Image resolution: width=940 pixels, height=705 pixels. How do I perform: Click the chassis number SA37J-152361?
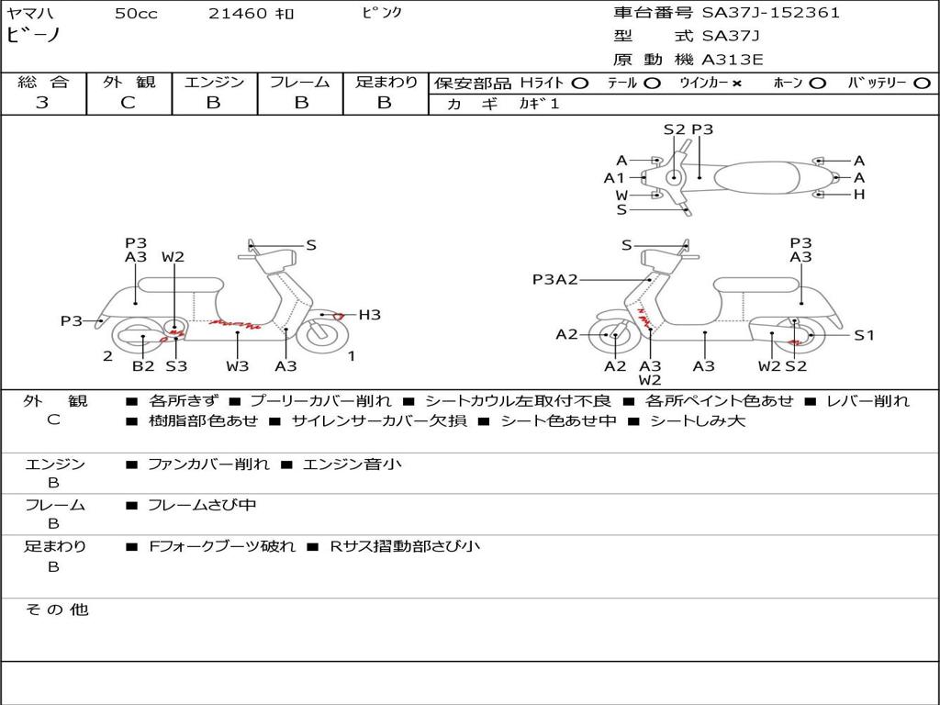pyautogui.click(x=771, y=13)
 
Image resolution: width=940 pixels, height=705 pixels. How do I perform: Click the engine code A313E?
pyautogui.click(x=733, y=60)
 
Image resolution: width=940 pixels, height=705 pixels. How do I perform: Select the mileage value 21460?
pyautogui.click(x=238, y=14)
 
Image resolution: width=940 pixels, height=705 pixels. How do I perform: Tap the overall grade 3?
pyautogui.click(x=42, y=103)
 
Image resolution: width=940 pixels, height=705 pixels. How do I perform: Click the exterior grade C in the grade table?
pyautogui.click(x=129, y=103)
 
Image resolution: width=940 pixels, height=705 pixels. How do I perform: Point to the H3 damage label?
pyautogui.click(x=369, y=315)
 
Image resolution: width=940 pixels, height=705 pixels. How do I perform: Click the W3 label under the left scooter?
pyautogui.click(x=238, y=365)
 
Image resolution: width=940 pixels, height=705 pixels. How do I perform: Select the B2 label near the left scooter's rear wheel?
pyautogui.click(x=143, y=365)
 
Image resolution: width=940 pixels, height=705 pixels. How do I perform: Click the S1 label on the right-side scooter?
pyautogui.click(x=864, y=335)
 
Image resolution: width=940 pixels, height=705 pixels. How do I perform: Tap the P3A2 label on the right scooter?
pyautogui.click(x=555, y=279)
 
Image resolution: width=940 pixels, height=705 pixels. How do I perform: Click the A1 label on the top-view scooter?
pyautogui.click(x=614, y=177)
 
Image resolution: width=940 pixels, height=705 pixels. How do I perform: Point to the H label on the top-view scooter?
pyautogui.click(x=859, y=195)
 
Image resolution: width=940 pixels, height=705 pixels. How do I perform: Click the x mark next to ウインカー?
pyautogui.click(x=737, y=84)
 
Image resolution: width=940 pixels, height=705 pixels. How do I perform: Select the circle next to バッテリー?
pyautogui.click(x=923, y=84)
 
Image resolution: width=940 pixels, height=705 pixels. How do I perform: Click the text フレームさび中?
pyautogui.click(x=202, y=505)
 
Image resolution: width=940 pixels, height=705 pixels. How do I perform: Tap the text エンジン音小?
pyautogui.click(x=352, y=464)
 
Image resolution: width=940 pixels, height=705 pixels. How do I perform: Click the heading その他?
pyautogui.click(x=56, y=610)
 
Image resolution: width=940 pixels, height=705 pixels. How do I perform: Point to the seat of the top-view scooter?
pyautogui.click(x=756, y=177)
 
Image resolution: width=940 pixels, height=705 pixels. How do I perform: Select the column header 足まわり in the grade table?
pyautogui.click(x=386, y=82)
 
